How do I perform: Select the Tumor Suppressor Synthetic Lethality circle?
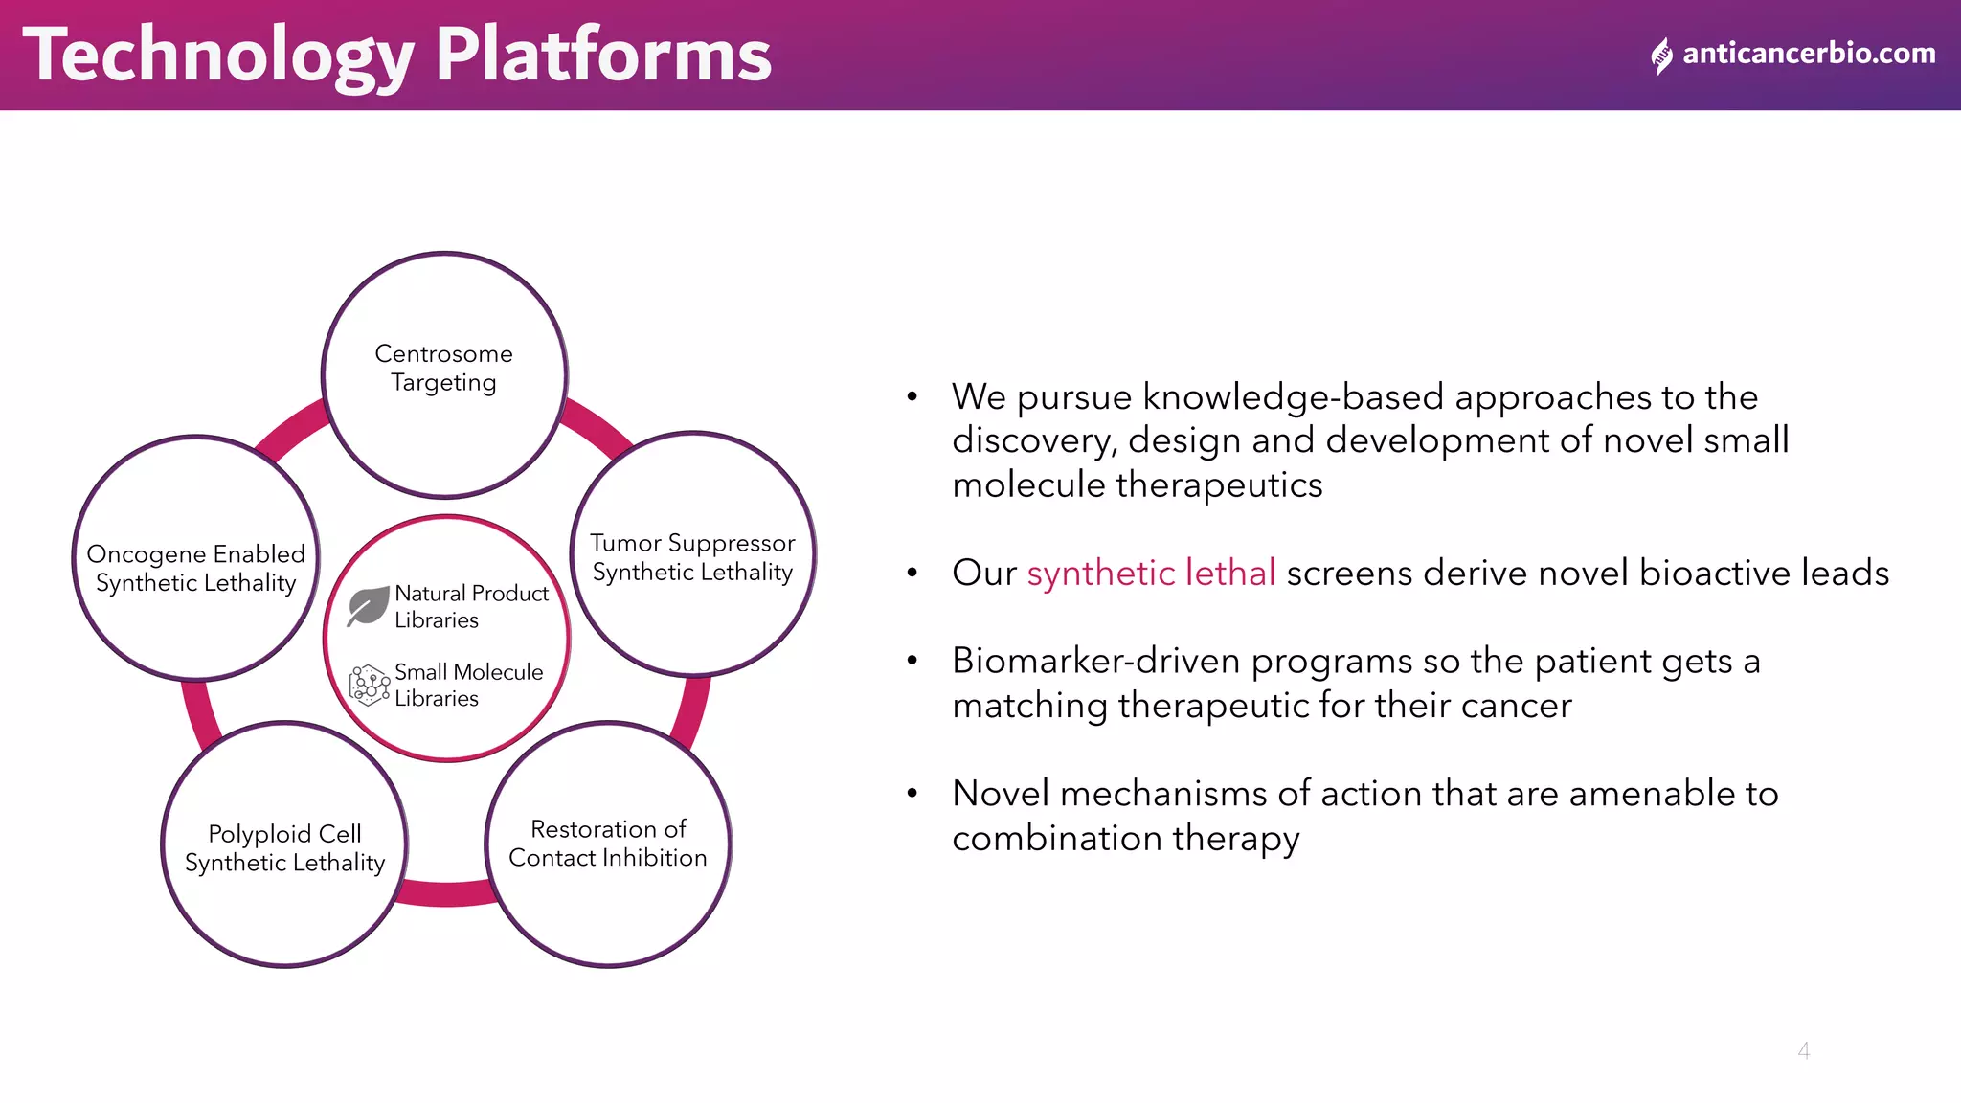pyautogui.click(x=692, y=555)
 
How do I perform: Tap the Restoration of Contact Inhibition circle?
pyautogui.click(x=608, y=844)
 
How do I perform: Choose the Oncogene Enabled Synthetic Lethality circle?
pyautogui.click(x=196, y=558)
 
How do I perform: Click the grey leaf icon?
pyautogui.click(x=368, y=605)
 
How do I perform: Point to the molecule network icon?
pyautogui.click(x=369, y=686)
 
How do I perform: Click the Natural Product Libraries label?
pyautogui.click(x=470, y=606)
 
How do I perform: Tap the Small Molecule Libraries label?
pyautogui.click(x=467, y=685)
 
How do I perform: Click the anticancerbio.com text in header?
pyautogui.click(x=1808, y=54)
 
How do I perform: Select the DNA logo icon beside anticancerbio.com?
pyautogui.click(x=1662, y=56)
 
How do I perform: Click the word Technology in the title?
pyautogui.click(x=218, y=56)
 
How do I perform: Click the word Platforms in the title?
pyautogui.click(x=603, y=56)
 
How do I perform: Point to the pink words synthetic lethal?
pyautogui.click(x=1151, y=573)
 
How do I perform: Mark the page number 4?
pyautogui.click(x=1803, y=1050)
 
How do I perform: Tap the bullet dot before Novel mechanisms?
pyautogui.click(x=913, y=793)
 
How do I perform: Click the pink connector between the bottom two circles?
pyautogui.click(x=446, y=892)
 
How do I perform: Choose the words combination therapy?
pyautogui.click(x=1125, y=838)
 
